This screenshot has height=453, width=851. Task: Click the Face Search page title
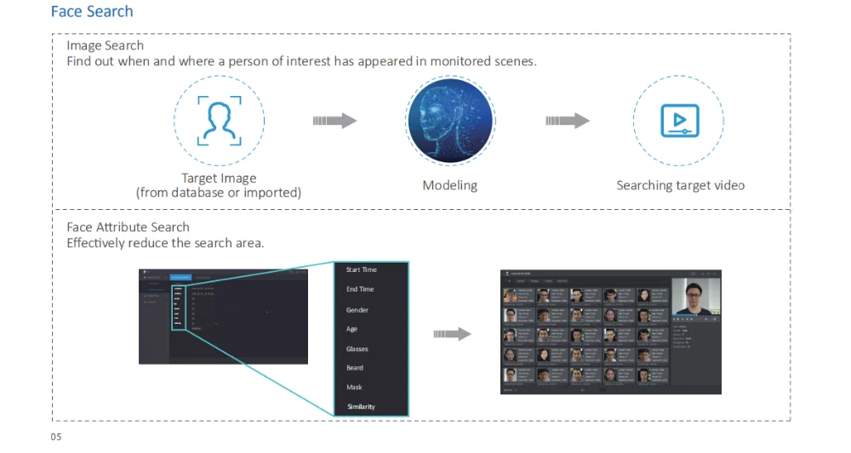point(92,12)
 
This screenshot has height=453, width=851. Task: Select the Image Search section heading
point(105,46)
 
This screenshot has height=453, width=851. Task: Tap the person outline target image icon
point(219,122)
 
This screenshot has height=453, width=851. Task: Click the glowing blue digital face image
point(449,122)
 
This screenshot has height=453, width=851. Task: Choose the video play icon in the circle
point(679,122)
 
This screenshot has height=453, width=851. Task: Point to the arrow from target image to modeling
point(334,122)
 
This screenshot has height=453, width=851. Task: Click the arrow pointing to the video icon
point(567,122)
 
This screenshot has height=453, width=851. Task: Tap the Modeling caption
point(449,185)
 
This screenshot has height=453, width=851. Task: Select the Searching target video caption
point(680,185)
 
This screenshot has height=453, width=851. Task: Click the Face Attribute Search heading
point(128,227)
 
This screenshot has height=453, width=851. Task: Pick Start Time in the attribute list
point(361,270)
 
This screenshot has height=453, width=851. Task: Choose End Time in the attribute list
point(359,290)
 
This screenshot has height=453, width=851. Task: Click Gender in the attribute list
point(357,310)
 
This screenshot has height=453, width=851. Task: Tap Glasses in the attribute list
point(357,349)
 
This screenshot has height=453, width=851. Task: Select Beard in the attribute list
point(354,368)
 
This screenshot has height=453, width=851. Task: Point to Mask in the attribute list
point(354,388)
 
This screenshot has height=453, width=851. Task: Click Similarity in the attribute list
point(361,407)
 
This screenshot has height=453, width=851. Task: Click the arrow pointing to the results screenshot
point(452,334)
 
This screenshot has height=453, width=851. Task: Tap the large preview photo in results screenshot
point(696,296)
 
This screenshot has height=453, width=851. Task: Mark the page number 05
point(56,437)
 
